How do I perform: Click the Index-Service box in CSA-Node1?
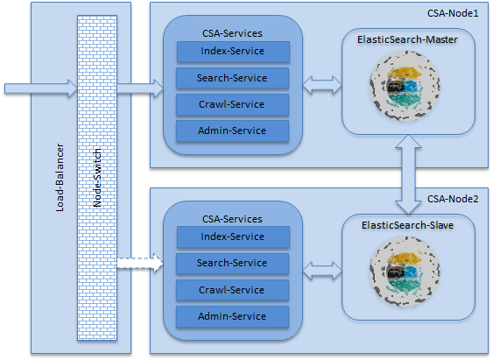[232, 51]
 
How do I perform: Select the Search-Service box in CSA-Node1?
[232, 78]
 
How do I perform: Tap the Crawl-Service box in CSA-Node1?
[232, 105]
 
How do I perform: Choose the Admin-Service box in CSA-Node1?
[232, 131]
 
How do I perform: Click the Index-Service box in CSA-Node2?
[232, 236]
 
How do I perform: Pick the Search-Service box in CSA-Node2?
[232, 263]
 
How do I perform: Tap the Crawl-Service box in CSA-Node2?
[232, 290]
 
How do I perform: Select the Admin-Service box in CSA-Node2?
[232, 316]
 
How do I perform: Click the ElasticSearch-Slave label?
[406, 225]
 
